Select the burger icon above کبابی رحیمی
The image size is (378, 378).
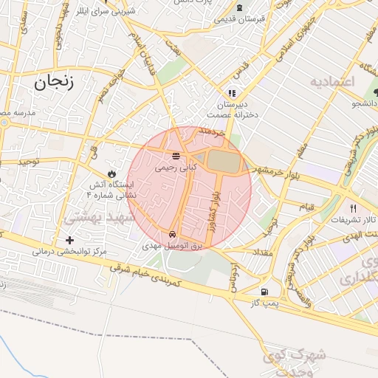[176, 157]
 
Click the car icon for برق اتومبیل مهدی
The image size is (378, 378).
[173, 228]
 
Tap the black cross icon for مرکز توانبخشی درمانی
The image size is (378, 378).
[69, 240]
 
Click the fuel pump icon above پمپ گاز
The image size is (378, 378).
[264, 292]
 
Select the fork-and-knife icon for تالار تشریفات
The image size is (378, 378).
[353, 208]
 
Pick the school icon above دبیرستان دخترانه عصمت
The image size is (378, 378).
[232, 93]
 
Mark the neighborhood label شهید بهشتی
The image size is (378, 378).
[98, 219]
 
